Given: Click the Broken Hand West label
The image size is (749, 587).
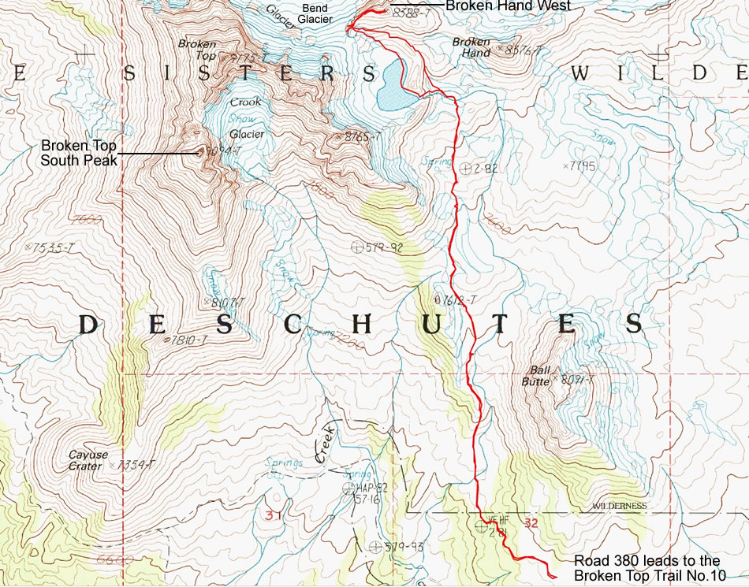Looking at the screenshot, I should tap(507, 6).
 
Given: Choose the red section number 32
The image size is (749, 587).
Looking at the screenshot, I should tap(531, 522).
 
